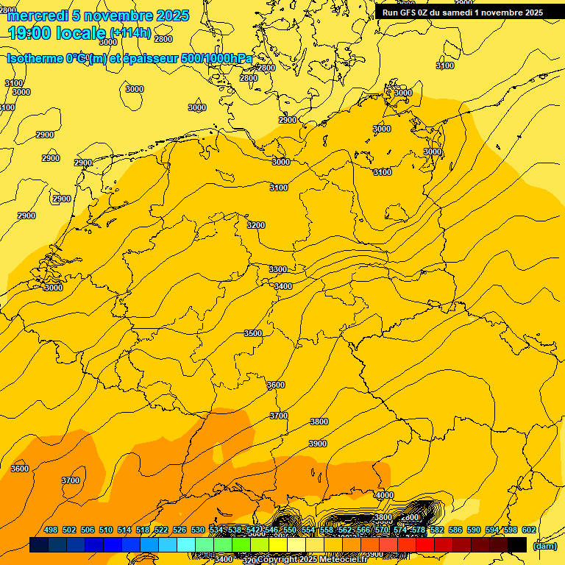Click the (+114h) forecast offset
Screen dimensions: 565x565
click(x=130, y=33)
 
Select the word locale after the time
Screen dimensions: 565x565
click(x=79, y=32)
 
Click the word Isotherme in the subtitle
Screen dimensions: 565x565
click(x=34, y=59)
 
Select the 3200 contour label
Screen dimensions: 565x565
click(x=255, y=225)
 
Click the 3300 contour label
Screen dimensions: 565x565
click(x=278, y=269)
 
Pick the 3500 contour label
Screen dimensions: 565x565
click(x=253, y=333)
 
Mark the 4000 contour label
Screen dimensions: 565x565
click(x=384, y=496)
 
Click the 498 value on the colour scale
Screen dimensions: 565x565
click(x=51, y=530)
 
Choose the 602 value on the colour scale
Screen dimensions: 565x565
click(x=529, y=530)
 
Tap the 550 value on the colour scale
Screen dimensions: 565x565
click(x=290, y=530)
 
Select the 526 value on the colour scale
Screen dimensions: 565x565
click(x=180, y=530)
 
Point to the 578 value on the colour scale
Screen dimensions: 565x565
click(x=419, y=530)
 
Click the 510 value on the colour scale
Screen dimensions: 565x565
click(x=106, y=530)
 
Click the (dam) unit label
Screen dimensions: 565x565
click(x=545, y=545)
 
